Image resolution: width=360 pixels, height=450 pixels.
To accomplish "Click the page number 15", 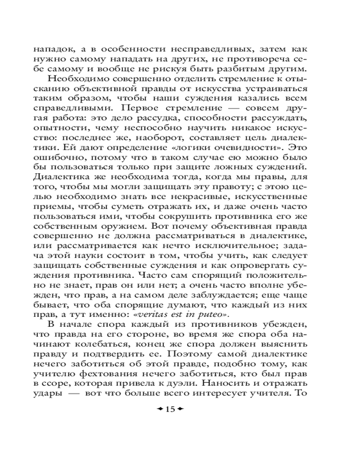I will (x=170, y=409).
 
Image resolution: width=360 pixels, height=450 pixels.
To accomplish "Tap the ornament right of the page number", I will (x=181, y=409).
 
